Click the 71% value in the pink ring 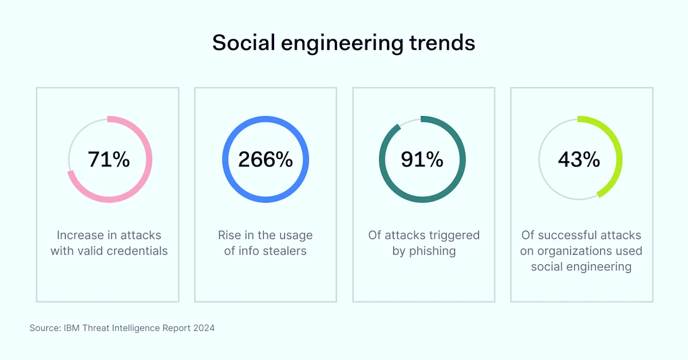click(x=109, y=160)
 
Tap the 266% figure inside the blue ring click(x=266, y=160)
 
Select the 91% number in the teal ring click(x=422, y=160)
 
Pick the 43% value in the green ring click(x=579, y=160)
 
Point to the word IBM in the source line click(x=69, y=328)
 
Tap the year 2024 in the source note click(x=204, y=328)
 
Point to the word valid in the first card click(x=91, y=251)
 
